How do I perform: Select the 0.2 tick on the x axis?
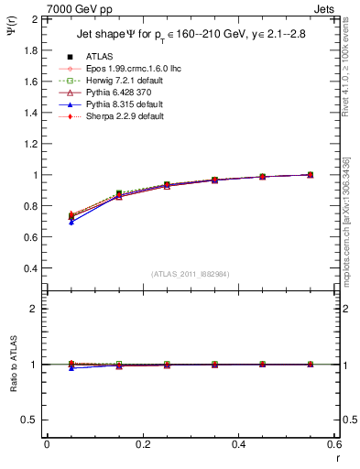[x=142, y=444]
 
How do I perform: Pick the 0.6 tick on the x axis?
[x=333, y=444]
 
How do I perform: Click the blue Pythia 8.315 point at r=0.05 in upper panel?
[x=71, y=223]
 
